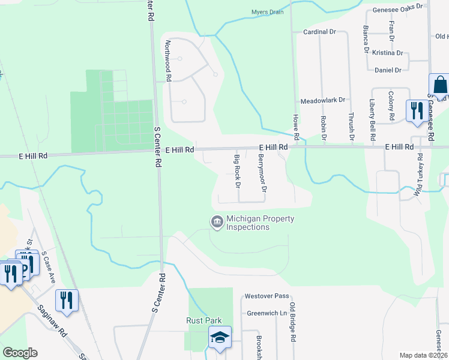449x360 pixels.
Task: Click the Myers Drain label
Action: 267,12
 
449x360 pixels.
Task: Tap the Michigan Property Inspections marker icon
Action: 216,223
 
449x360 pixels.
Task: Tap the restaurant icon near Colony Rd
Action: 415,110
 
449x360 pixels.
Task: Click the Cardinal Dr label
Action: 318,31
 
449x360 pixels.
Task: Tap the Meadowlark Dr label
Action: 323,100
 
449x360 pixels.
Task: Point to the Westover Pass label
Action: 267,296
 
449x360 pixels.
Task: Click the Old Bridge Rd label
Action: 292,322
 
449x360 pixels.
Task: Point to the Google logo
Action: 20,353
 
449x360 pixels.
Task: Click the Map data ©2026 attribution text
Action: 424,355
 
